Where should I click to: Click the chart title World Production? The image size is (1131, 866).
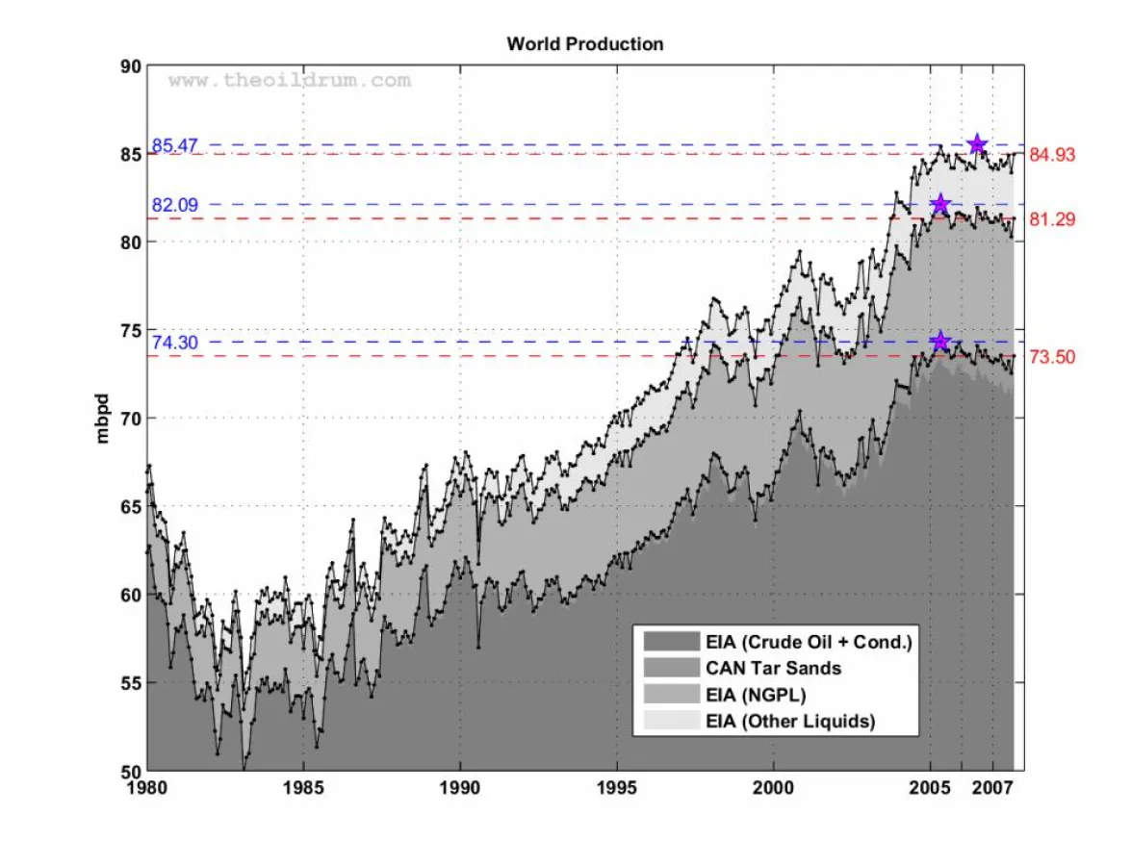(x=584, y=44)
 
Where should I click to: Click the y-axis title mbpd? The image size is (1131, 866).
(x=103, y=418)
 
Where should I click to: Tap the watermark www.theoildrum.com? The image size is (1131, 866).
(x=290, y=81)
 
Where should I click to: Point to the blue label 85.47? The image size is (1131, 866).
(x=174, y=145)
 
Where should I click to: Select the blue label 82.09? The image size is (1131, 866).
(x=174, y=205)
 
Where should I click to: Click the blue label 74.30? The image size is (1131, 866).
(x=174, y=343)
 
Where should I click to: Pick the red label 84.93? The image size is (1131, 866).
(x=1052, y=155)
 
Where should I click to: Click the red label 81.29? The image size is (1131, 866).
(x=1052, y=220)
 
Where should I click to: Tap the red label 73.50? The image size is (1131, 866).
(x=1052, y=358)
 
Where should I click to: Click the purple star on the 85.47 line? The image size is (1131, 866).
(x=977, y=144)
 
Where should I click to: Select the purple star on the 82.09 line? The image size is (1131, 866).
(x=940, y=204)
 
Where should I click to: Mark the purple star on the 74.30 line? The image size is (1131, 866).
(x=940, y=342)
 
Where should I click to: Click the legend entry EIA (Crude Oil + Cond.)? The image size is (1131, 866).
(x=808, y=642)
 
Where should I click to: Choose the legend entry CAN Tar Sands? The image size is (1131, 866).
(x=773, y=668)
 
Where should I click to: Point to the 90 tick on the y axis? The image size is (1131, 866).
(x=130, y=66)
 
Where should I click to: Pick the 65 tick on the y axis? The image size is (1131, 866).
(x=130, y=506)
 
